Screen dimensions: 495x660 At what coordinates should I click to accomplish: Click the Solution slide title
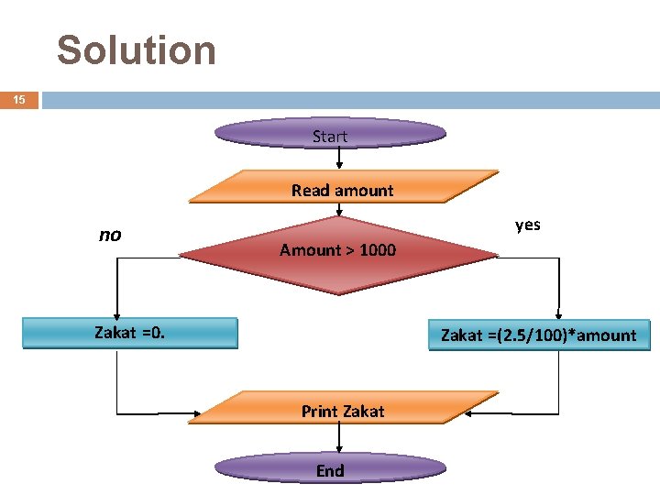click(x=137, y=50)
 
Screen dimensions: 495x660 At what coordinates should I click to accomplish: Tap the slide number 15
click(x=19, y=100)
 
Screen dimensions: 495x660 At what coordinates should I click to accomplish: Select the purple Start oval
click(x=330, y=136)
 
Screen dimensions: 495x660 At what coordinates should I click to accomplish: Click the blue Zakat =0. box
click(x=129, y=333)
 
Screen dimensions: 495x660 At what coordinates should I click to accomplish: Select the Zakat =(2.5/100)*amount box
click(x=538, y=335)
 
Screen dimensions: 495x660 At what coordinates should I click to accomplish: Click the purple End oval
click(x=330, y=469)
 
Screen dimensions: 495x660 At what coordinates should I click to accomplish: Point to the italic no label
click(x=110, y=235)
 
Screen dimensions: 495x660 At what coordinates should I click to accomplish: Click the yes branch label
click(x=528, y=225)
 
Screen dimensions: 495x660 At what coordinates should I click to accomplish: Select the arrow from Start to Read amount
click(x=339, y=159)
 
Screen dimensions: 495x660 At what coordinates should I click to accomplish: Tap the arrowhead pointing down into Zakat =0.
click(x=117, y=312)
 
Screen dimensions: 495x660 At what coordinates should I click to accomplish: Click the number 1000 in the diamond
click(x=378, y=250)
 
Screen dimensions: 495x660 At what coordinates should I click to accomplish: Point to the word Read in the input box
click(x=309, y=191)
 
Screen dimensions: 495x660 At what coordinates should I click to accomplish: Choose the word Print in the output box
click(x=320, y=412)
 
